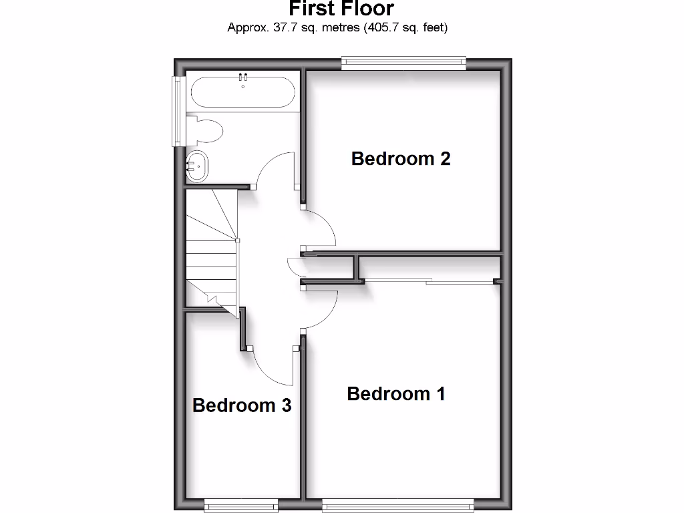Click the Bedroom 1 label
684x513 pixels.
coord(395,394)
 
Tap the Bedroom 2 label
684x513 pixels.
coord(401,159)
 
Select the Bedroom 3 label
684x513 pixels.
coord(242,405)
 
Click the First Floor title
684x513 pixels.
coord(341,9)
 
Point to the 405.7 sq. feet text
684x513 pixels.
coord(405,28)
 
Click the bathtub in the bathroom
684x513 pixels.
coord(242,92)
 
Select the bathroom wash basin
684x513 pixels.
coord(197,165)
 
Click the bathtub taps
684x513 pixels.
coord(242,77)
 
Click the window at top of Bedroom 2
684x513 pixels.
coord(403,63)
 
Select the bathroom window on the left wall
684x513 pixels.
coord(177,111)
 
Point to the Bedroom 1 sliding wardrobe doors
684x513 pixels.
coord(427,281)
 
